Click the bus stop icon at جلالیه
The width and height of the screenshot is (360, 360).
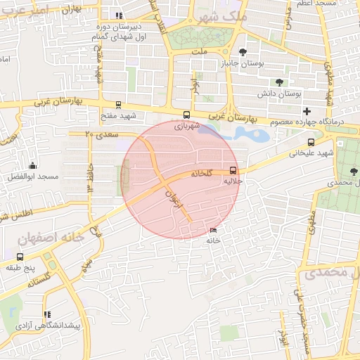coord(233,170)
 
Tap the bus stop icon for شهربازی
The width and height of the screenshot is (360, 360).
coord(186,115)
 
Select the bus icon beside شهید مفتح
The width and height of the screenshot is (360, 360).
coord(118,105)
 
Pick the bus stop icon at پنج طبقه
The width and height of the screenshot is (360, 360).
coord(19,257)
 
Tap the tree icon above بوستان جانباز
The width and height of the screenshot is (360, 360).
coord(243,52)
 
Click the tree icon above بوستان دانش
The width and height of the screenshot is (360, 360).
coord(279,82)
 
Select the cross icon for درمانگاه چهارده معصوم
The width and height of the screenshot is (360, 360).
coord(306,111)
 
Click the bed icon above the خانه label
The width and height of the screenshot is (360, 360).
coord(213,231)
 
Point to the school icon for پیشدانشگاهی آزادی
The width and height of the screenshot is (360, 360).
coord(46,315)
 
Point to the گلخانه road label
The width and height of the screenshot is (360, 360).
coord(200,174)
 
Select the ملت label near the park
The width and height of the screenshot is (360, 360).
coord(199,52)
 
